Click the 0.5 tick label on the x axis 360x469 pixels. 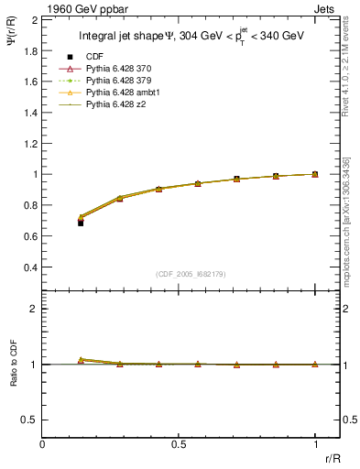pos(179,444)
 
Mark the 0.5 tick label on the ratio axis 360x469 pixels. pos(28,420)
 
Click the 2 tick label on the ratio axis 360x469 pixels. pos(33,309)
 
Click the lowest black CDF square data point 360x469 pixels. pos(81,223)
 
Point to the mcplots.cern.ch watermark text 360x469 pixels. pos(351,211)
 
